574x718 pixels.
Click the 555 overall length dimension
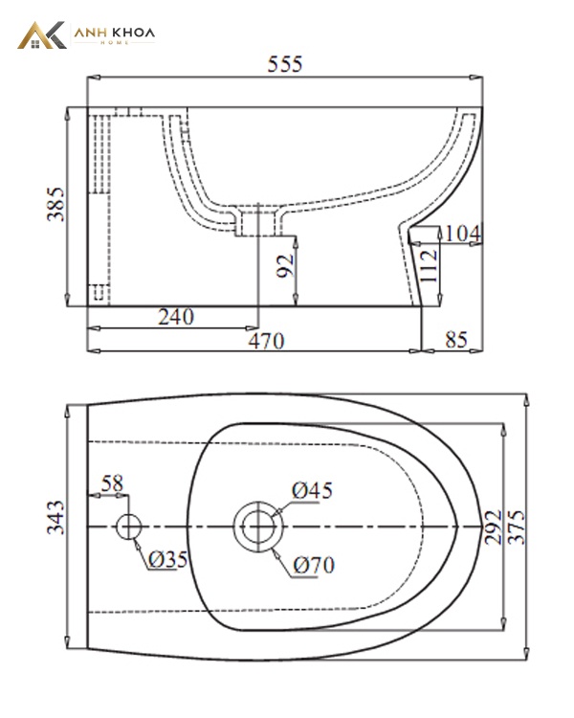(x=285, y=64)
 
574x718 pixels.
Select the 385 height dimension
(x=55, y=204)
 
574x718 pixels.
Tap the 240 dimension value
(x=176, y=317)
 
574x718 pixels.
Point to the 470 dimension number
(x=266, y=341)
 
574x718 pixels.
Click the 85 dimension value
(x=456, y=340)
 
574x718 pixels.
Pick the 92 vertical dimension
(x=286, y=266)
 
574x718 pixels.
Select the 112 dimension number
(x=429, y=266)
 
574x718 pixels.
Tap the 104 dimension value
(x=463, y=234)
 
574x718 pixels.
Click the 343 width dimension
(x=55, y=517)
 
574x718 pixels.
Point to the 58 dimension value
(x=112, y=483)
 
